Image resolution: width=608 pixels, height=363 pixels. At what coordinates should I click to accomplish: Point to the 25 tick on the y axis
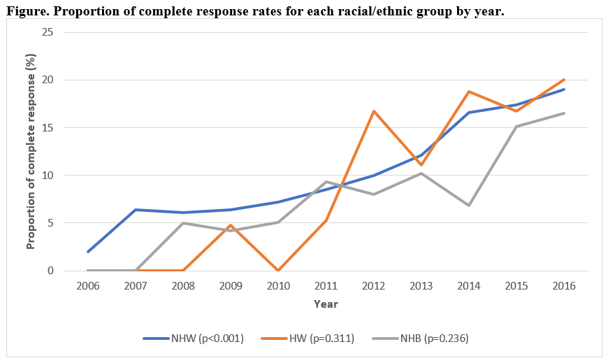(x=48, y=32)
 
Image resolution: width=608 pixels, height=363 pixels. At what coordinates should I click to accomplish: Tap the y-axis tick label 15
(x=48, y=128)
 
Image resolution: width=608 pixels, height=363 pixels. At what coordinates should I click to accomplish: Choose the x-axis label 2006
(x=87, y=286)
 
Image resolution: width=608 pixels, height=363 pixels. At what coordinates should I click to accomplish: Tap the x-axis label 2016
(x=564, y=286)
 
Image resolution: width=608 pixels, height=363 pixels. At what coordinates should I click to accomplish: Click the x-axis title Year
(x=326, y=304)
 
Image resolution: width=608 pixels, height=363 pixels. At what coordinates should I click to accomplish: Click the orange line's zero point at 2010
(x=278, y=271)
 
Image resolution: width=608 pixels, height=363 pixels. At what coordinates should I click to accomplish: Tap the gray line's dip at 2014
(x=469, y=205)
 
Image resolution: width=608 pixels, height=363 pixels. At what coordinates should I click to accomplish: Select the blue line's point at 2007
(x=135, y=210)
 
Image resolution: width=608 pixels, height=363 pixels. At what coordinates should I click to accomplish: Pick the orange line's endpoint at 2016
(x=564, y=80)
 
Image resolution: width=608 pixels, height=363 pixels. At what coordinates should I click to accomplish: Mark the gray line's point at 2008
(x=182, y=223)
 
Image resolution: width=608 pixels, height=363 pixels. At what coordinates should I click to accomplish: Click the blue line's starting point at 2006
(x=87, y=252)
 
